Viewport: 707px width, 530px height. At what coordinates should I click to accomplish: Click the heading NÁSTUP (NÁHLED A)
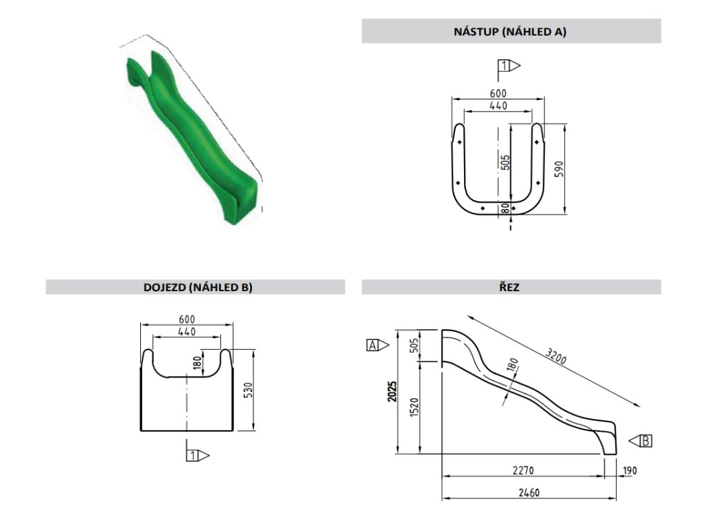pos(510,31)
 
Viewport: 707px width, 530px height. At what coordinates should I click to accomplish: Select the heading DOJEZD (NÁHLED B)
pos(195,288)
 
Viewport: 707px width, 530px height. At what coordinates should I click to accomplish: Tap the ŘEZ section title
pos(510,288)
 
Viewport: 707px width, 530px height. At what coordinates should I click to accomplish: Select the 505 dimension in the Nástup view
pos(505,162)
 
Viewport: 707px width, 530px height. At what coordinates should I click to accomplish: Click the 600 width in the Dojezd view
pos(186,319)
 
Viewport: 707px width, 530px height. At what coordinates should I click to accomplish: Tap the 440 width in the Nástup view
pos(498,106)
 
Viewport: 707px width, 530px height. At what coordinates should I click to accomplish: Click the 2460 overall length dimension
pos(528,493)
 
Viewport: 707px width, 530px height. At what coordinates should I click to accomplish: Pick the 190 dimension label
pos(629,471)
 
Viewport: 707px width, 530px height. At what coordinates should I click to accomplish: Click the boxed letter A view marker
pos(374,345)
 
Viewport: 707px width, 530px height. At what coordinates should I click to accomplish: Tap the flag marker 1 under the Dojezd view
pos(194,455)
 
